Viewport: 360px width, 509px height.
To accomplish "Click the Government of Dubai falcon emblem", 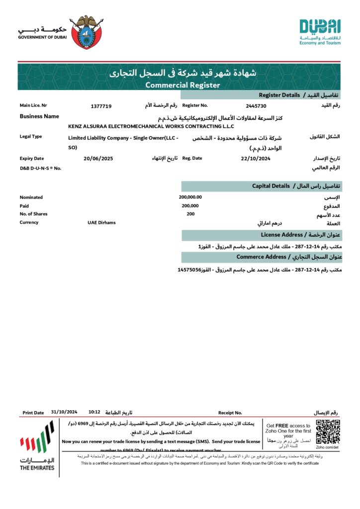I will pos(87,32).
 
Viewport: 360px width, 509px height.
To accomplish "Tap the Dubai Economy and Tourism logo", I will pos(320,32).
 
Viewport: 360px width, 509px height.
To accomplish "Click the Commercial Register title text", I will pos(182,85).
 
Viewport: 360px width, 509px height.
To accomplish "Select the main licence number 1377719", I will pos(101,106).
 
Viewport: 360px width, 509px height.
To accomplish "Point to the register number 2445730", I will pos(256,106).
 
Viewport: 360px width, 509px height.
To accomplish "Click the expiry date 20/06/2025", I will pos(98,158).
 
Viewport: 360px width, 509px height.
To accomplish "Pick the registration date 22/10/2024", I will pos(255,158).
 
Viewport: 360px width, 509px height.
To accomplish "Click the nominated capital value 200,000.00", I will pos(190,197).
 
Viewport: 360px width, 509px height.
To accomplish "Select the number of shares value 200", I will pos(190,214).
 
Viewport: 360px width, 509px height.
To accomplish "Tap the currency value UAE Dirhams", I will pos(101,222).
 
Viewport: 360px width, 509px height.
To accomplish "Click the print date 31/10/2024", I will pos(64,412).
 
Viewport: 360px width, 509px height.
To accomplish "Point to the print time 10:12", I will pos(94,412).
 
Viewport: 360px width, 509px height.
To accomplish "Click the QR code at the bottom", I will pos(328,431).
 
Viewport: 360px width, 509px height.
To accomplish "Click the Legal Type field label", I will pos(31,136).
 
